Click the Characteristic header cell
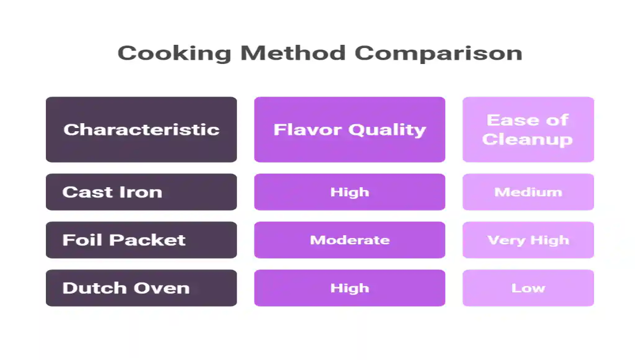click(141, 130)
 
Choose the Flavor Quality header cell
click(349, 130)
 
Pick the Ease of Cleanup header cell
click(528, 130)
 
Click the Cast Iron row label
click(141, 192)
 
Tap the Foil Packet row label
click(141, 240)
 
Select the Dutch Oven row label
click(141, 288)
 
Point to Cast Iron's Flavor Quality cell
click(349, 192)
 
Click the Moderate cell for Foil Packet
click(349, 240)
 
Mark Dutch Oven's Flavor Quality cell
click(349, 288)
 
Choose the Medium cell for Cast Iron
click(528, 192)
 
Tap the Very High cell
click(528, 240)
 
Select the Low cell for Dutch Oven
click(528, 288)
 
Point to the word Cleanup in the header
click(527, 140)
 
